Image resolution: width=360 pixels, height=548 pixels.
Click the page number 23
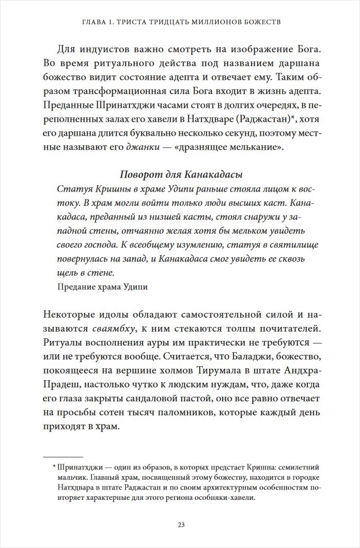click(x=181, y=525)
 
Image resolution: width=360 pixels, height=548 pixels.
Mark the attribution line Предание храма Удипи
click(x=102, y=287)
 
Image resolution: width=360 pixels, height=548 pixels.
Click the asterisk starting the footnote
click(x=54, y=467)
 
